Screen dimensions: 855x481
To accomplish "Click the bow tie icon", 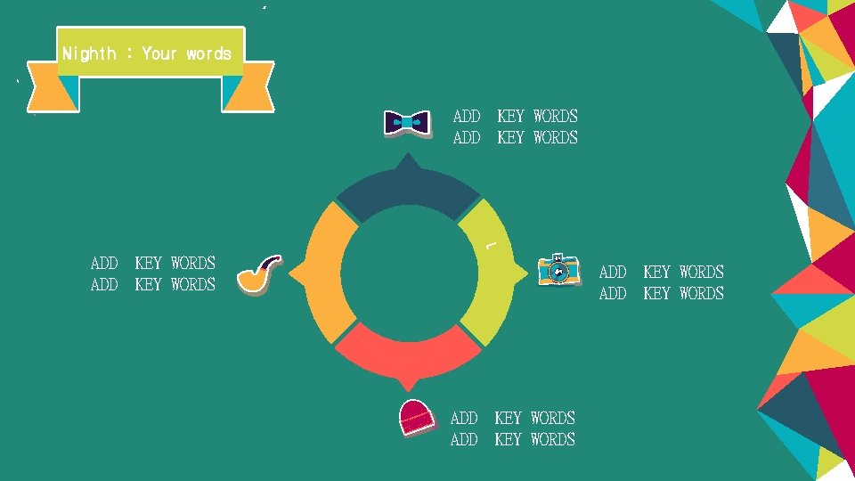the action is click(407, 123).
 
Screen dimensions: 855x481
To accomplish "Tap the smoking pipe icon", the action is click(259, 274).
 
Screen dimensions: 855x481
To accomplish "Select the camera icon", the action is click(559, 270).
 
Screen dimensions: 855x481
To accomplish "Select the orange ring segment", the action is click(327, 273).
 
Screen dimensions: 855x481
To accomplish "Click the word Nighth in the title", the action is click(89, 53).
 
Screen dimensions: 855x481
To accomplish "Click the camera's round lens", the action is click(558, 272).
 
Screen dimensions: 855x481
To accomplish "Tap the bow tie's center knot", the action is click(407, 123).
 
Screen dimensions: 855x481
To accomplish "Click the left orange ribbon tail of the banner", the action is click(53, 89).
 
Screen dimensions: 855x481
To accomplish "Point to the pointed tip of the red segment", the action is click(408, 386).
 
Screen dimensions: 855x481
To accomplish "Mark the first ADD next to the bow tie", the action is click(467, 116).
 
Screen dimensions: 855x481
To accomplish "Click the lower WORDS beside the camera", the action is click(701, 293).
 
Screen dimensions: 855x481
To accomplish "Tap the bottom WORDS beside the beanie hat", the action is click(552, 439).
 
